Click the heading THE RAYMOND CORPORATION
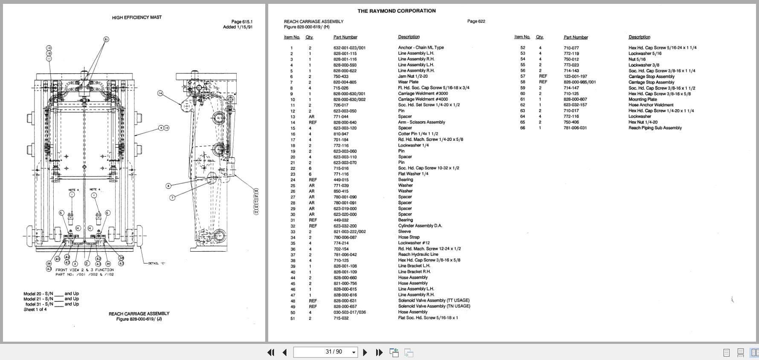(397, 11)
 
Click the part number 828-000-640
(345, 122)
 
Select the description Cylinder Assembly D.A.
(420, 226)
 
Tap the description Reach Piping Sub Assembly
(655, 128)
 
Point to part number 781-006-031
(575, 128)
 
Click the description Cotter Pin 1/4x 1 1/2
(418, 134)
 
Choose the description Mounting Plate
(643, 99)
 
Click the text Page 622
(476, 21)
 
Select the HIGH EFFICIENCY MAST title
(137, 17)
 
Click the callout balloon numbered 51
(106, 39)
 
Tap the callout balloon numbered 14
(160, 93)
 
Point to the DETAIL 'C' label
(156, 263)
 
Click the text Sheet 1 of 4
(35, 310)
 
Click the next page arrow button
(365, 352)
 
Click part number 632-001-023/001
(349, 48)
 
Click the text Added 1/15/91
(238, 27)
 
